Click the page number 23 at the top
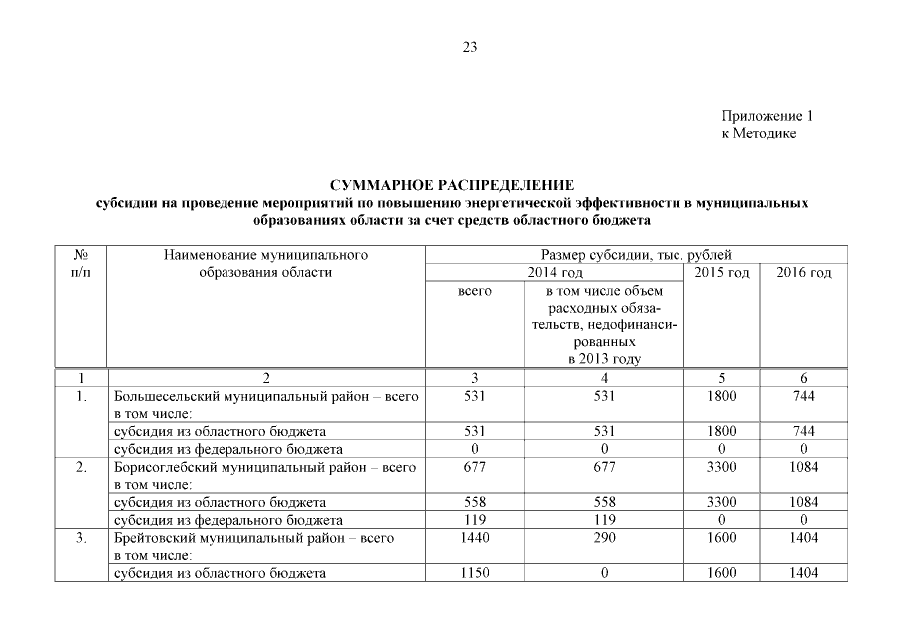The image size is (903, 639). click(x=470, y=46)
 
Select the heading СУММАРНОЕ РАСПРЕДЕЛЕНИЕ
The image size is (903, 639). click(x=451, y=185)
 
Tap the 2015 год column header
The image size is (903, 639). click(x=720, y=273)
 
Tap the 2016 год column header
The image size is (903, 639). click(x=803, y=273)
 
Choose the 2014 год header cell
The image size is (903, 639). click(x=554, y=273)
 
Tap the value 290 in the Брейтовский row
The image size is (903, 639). click(x=602, y=537)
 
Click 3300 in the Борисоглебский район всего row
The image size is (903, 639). click(x=720, y=466)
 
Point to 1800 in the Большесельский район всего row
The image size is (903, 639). click(x=720, y=396)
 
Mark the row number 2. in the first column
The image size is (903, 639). click(x=81, y=466)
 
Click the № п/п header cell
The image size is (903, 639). click(x=81, y=264)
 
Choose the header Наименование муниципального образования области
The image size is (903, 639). click(x=265, y=264)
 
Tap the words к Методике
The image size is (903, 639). click(x=758, y=134)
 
